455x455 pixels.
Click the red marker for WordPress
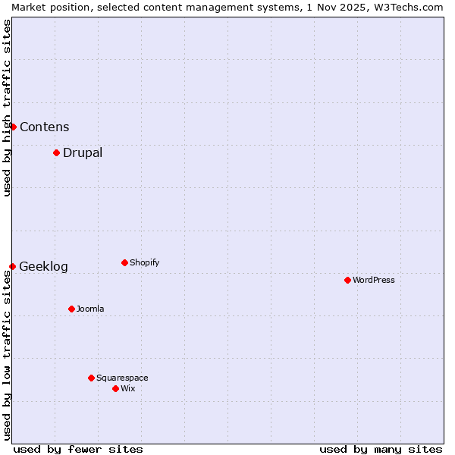tap(347, 280)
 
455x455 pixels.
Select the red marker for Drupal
tap(56, 152)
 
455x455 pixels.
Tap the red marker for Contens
tap(13, 127)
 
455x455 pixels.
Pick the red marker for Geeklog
tap(12, 266)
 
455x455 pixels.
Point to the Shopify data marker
tap(124, 262)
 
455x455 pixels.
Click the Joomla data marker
tap(71, 309)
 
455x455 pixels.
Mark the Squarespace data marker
tap(91, 378)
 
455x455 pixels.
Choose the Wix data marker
tap(115, 388)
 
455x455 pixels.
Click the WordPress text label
tap(374, 280)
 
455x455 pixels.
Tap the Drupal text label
tap(83, 152)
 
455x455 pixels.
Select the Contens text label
tap(45, 127)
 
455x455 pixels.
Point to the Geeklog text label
tap(43, 266)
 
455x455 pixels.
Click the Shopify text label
tap(145, 262)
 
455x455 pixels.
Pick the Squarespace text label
tap(122, 378)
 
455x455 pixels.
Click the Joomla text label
tap(90, 309)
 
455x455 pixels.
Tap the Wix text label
tap(128, 388)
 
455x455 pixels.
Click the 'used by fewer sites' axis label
tap(78, 449)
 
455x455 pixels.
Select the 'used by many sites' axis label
tap(381, 449)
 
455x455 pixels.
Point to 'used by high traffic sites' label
tap(7, 108)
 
